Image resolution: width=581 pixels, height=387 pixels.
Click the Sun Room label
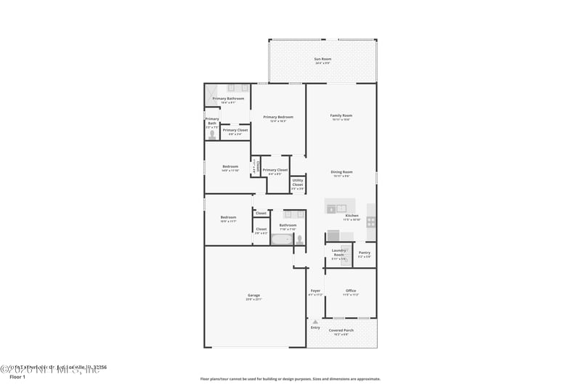pos(322,59)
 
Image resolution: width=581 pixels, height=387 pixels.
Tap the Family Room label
pos(341,116)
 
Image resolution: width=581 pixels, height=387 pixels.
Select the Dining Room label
pos(342,172)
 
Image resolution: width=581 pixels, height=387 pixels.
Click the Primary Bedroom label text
pos(278,118)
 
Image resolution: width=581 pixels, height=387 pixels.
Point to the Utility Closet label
pos(298,183)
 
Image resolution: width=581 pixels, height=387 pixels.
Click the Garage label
pos(253,296)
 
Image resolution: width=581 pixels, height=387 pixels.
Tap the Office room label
pos(351,291)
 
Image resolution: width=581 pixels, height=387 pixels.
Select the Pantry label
pos(365,253)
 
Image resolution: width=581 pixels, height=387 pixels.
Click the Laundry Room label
pos(338,252)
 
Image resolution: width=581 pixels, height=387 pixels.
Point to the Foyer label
pos(315,291)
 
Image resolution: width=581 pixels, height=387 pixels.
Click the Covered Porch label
pos(340,331)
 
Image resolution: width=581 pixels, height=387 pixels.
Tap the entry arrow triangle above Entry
pos(315,321)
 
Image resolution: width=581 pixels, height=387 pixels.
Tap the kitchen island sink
pos(341,208)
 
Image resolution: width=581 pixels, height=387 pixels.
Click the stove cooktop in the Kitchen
pos(371,221)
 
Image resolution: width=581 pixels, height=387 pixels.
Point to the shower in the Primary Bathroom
pos(211,94)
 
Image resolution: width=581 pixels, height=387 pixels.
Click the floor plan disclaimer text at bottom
pos(290,379)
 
